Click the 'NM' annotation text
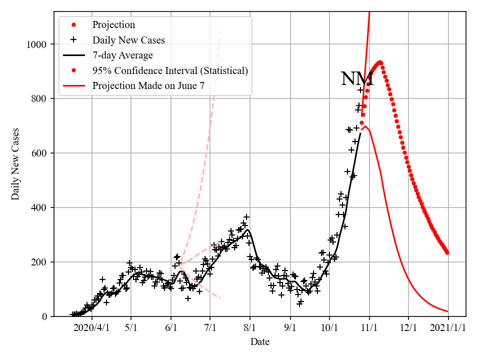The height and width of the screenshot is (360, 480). click(357, 79)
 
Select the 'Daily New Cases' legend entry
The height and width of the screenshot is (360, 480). click(128, 39)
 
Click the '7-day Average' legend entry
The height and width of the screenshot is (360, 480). click(122, 55)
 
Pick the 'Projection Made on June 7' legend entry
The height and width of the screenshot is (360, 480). click(148, 86)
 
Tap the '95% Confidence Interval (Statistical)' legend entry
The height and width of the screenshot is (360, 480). click(170, 70)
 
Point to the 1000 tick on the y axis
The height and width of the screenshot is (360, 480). click(37, 44)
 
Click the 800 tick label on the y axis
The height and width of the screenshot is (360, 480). click(39, 99)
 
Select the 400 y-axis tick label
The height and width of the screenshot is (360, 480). click(39, 207)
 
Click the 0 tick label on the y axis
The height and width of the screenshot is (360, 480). click(45, 316)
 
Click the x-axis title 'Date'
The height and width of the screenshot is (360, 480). click(260, 342)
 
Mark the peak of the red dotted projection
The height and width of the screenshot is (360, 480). click(380, 62)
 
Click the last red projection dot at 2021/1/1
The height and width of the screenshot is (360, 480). click(447, 252)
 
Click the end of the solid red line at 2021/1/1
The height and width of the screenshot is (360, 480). click(447, 311)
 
